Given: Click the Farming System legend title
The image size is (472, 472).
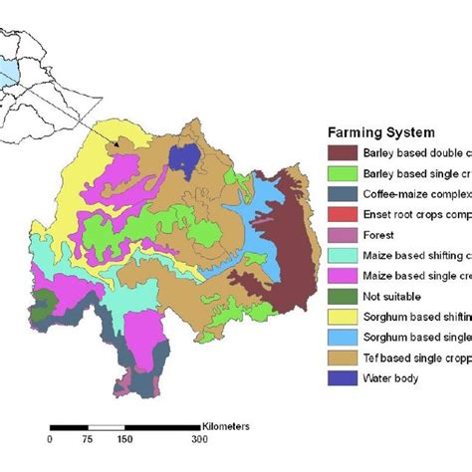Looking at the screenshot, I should pyautogui.click(x=379, y=132).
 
